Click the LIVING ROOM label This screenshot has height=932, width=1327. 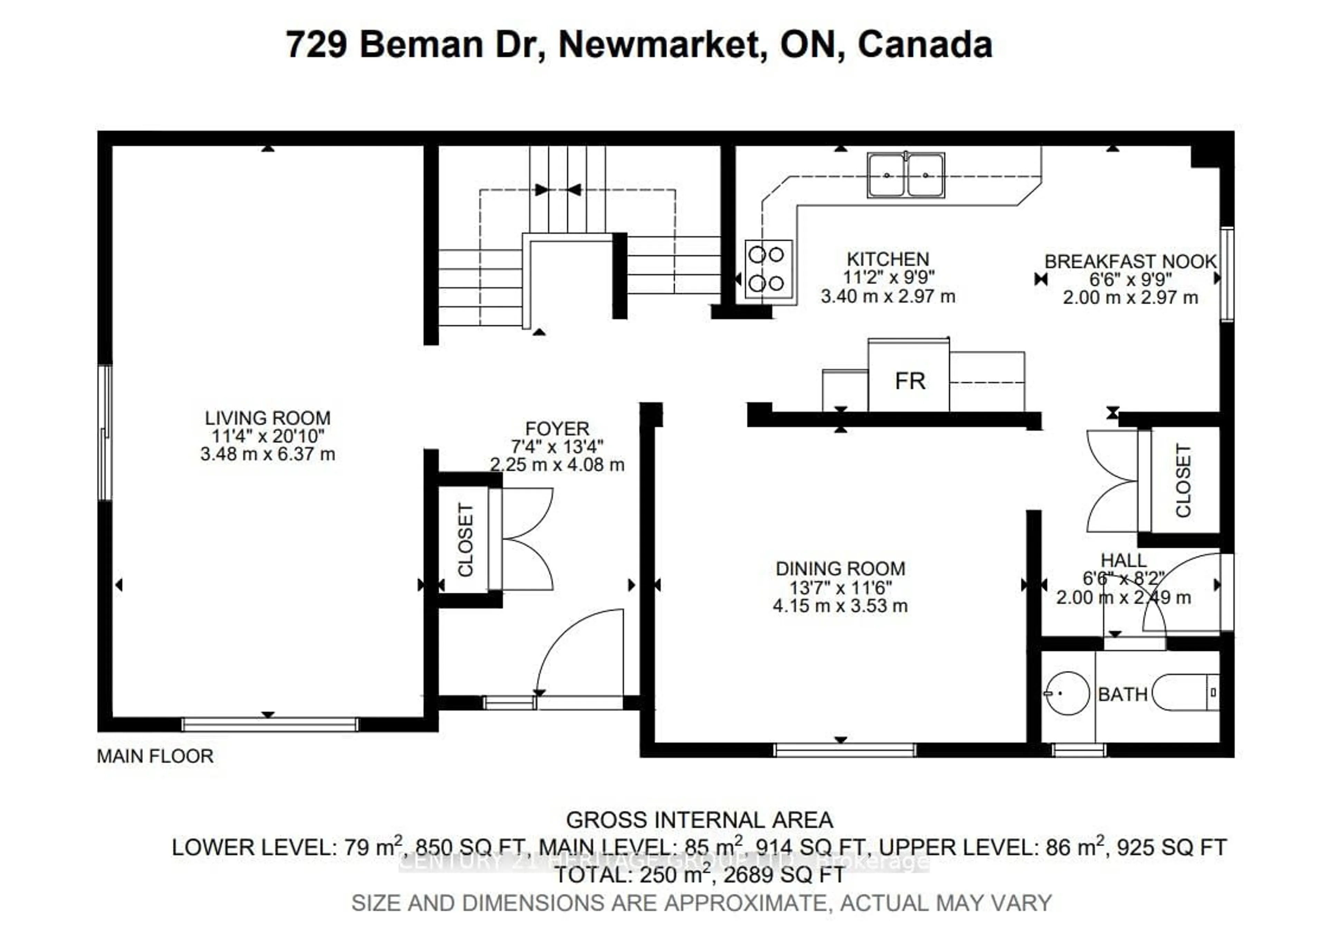pyautogui.click(x=267, y=418)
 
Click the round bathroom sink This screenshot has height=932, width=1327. pyautogui.click(x=1067, y=693)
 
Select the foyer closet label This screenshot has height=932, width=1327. pyautogui.click(x=465, y=540)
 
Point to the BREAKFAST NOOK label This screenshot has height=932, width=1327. pyautogui.click(x=1130, y=261)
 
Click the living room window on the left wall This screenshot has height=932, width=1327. pyautogui.click(x=105, y=432)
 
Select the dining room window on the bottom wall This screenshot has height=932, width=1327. pyautogui.click(x=844, y=750)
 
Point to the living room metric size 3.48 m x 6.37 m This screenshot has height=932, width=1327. pyautogui.click(x=267, y=454)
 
